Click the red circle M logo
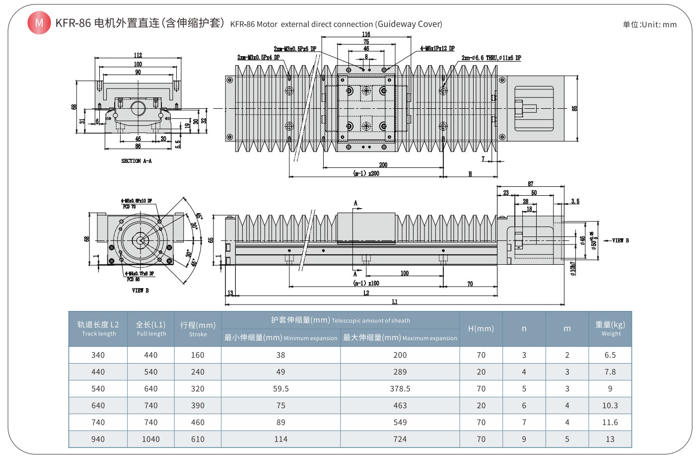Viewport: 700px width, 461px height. point(39,23)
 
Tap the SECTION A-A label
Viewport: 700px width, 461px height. point(137,161)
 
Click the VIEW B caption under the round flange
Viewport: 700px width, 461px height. point(140,291)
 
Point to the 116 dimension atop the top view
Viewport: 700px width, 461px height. point(366,34)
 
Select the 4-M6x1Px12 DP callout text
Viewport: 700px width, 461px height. point(437,49)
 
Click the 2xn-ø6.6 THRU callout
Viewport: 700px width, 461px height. point(491,58)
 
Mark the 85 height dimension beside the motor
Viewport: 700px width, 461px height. point(574,108)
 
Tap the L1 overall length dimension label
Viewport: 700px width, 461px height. point(395,302)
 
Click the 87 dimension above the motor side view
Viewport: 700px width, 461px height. point(531,184)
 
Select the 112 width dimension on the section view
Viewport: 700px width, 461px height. point(138,55)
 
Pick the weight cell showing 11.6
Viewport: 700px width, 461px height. point(610,422)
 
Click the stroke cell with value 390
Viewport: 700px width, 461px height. point(198,405)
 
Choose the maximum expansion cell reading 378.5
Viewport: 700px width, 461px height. point(400,388)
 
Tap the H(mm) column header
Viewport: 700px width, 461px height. point(481,328)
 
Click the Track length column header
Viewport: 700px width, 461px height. point(98,328)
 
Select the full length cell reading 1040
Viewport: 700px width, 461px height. point(150,439)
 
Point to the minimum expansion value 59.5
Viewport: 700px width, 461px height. point(280,388)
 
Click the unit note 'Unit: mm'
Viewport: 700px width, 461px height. point(650,24)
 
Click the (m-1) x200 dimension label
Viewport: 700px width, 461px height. point(366,173)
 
